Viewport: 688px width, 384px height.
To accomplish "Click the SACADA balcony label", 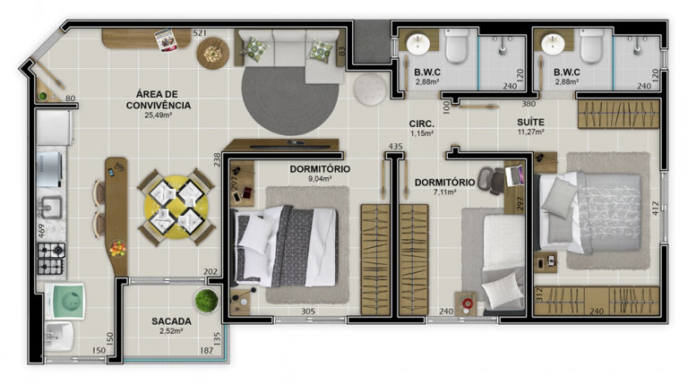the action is [171, 321].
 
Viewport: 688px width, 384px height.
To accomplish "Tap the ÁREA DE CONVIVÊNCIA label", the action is [159, 100].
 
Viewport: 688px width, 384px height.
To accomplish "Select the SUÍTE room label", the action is [530, 123].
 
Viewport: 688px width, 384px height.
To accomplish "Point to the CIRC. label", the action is [422, 124].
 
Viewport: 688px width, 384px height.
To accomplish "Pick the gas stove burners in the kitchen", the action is [51, 259].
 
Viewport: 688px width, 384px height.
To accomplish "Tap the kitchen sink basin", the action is [51, 207].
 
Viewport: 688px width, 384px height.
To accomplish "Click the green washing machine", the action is [65, 301].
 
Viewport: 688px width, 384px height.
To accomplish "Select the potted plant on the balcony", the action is [206, 301].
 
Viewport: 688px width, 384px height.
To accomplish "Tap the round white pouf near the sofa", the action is [370, 90].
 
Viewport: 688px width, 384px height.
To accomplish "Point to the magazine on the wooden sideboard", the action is [166, 40].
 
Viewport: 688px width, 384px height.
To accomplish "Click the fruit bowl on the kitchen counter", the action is [117, 248].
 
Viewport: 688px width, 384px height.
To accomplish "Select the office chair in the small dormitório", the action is [491, 179].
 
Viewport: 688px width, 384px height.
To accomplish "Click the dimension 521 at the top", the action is [200, 33].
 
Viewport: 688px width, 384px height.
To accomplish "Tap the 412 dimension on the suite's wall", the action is [656, 209].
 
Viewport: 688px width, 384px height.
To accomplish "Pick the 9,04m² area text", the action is [319, 178].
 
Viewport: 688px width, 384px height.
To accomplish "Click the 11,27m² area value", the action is [531, 132].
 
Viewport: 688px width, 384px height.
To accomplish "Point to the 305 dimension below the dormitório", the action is [308, 311].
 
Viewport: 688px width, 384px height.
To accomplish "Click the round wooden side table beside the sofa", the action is [213, 53].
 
